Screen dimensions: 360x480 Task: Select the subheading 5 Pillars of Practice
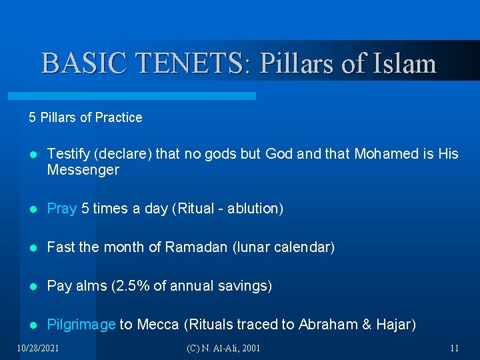tap(85, 117)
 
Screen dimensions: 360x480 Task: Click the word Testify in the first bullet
tap(69, 154)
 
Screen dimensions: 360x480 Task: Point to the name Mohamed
tap(386, 154)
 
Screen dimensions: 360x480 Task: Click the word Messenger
tap(83, 170)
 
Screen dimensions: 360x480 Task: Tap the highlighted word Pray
tap(62, 209)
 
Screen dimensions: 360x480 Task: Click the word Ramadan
tap(197, 247)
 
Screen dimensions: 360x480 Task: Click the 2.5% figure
tap(131, 286)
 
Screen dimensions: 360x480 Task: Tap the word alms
tap(89, 286)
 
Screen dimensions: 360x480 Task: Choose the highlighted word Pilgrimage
tap(81, 325)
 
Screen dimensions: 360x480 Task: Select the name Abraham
tap(328, 325)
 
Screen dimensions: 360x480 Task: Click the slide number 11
tap(454, 348)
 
